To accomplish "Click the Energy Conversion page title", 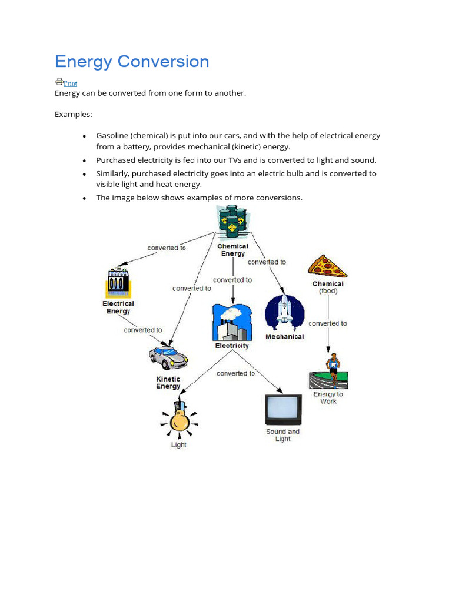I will (x=132, y=62).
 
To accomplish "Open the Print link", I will (x=70, y=83).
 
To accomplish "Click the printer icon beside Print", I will (x=59, y=82).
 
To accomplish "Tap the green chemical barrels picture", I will (x=233, y=223).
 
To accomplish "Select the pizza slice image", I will (x=327, y=267).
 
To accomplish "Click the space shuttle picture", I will (x=284, y=312).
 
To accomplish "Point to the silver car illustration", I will (x=168, y=357).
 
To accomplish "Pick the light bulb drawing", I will (x=178, y=418).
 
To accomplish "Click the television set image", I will (x=283, y=409).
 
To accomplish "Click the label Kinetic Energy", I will (x=168, y=383).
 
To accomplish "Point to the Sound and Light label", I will (x=282, y=435).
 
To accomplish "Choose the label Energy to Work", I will (x=328, y=398).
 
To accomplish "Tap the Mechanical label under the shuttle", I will (x=285, y=337).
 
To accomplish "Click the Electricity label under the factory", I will (x=232, y=346).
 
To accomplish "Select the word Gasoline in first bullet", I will (x=113, y=136).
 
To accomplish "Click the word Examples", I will (x=74, y=114).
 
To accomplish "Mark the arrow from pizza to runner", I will (x=328, y=338).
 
